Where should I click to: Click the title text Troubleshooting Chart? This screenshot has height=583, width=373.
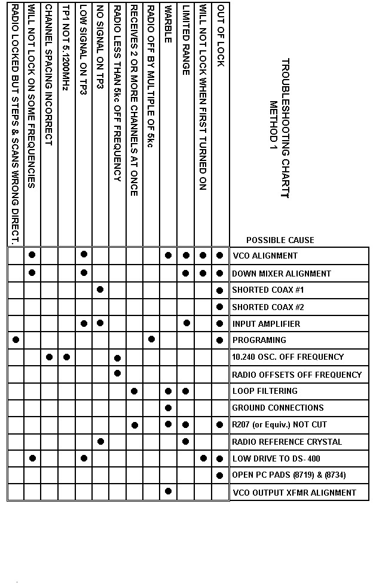[285, 128]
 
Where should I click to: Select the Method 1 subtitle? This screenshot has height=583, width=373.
[274, 129]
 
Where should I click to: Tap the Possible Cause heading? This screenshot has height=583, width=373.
[280, 240]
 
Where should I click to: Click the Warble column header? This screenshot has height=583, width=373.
[169, 24]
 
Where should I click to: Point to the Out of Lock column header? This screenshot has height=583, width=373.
[221, 36]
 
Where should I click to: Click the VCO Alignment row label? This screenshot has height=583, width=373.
[264, 256]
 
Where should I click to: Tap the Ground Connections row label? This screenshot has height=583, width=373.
[277, 408]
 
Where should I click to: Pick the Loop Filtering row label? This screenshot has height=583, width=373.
[264, 391]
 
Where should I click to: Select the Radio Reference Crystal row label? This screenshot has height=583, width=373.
[287, 442]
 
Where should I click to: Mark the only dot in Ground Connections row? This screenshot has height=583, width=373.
[169, 408]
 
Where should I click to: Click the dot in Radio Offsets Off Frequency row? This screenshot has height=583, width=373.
[118, 374]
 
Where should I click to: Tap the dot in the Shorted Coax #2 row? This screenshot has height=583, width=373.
[221, 307]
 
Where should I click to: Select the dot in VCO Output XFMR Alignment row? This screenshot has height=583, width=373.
[169, 491]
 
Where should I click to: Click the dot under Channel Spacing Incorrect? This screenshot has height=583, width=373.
[50, 357]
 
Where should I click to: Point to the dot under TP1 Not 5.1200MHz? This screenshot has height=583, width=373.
[67, 357]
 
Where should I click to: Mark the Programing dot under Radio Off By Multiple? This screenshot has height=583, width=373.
[152, 339]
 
